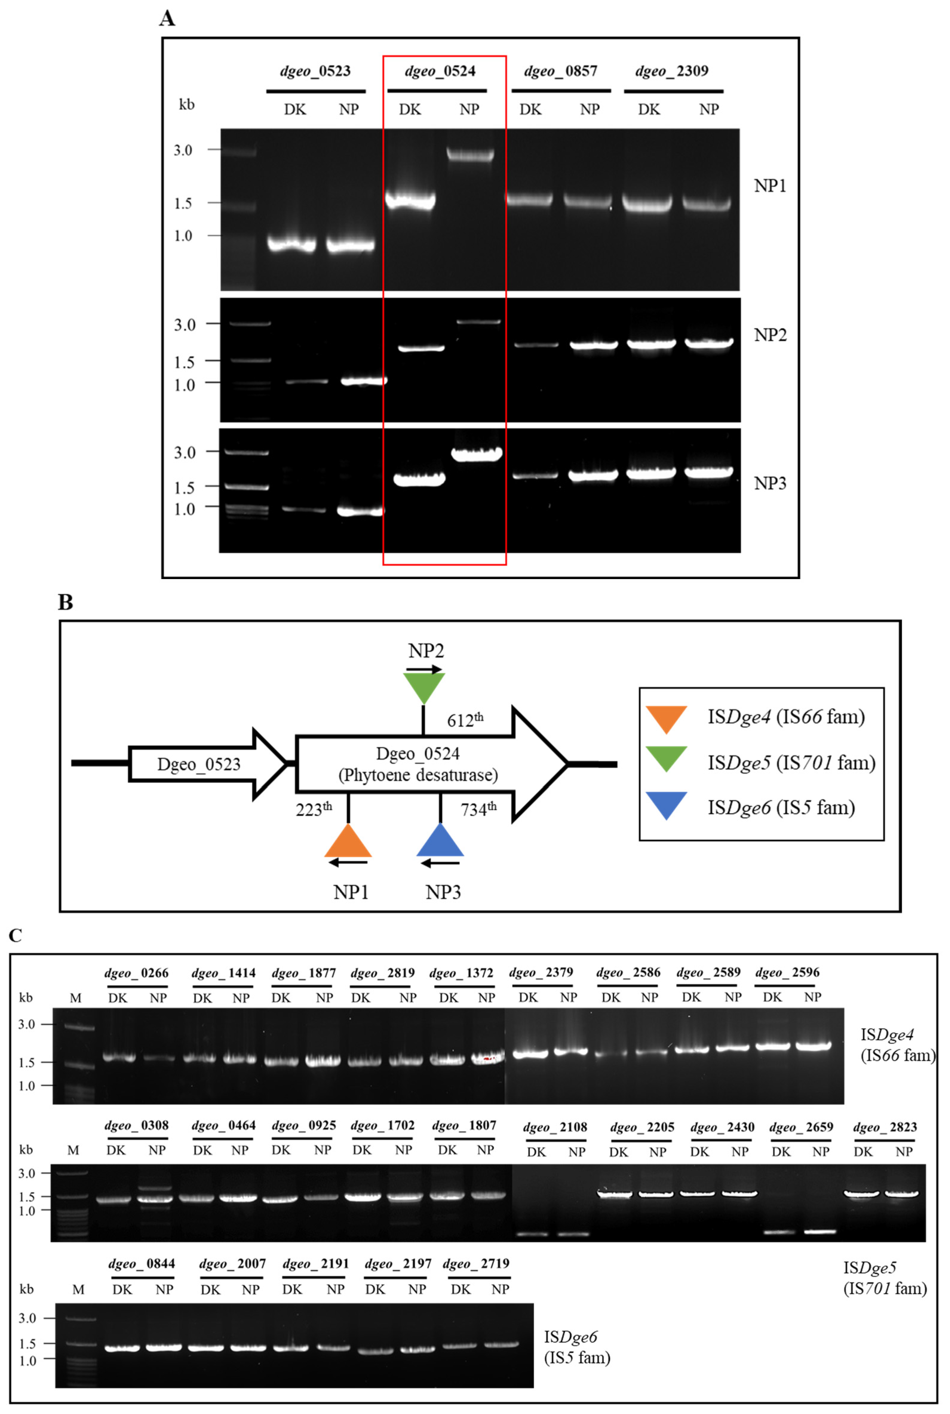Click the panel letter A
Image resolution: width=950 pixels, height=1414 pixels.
coord(167,18)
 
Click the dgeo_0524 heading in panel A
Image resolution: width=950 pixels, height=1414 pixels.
coord(440,71)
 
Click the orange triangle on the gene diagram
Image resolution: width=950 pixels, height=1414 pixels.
coord(348,842)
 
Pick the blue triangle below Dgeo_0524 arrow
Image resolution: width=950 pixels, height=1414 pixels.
coord(441,842)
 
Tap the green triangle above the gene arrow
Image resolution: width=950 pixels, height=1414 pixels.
coord(424,687)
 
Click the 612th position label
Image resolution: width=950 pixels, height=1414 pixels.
coord(465,720)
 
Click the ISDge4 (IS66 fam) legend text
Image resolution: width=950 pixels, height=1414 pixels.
coord(786,717)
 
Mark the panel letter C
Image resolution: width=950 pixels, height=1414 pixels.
coord(16,936)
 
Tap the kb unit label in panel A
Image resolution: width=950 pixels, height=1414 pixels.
coord(187,105)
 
